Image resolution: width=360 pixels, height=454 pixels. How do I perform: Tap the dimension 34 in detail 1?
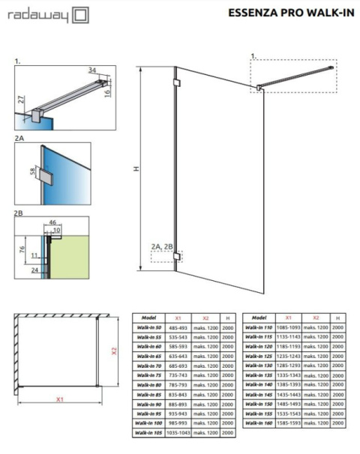(93, 71)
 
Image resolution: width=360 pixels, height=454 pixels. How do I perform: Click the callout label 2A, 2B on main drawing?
(161, 245)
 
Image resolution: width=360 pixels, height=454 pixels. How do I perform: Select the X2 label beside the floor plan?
(114, 351)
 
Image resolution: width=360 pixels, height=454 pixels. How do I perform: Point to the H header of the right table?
(338, 317)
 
